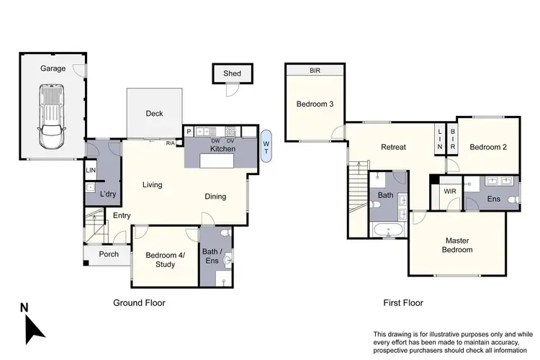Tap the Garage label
point(53,68)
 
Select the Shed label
point(232,73)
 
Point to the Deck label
point(154,113)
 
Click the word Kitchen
point(223,148)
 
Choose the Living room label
point(152,185)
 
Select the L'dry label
point(108,194)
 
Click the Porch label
point(109,254)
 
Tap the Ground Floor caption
point(139,303)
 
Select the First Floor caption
point(402,303)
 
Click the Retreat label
point(393,147)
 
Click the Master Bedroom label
point(458,245)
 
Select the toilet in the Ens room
point(512,199)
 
